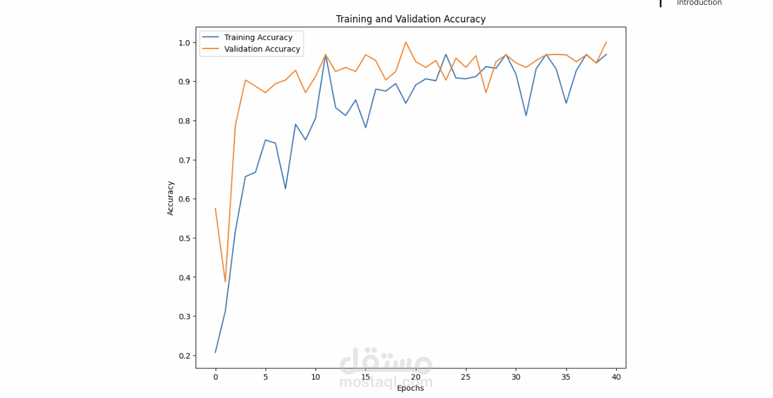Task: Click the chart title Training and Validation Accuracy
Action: pos(411,19)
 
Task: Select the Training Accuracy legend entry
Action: pos(258,38)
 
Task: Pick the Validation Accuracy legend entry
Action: pos(262,49)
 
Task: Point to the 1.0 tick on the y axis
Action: pos(184,42)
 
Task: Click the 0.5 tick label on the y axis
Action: pos(184,238)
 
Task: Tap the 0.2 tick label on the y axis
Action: pos(184,356)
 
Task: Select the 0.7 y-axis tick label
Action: pos(184,160)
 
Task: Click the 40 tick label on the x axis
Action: pos(616,377)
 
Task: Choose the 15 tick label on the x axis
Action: pos(366,377)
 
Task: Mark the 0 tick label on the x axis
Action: pos(216,377)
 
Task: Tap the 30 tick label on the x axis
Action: pos(516,377)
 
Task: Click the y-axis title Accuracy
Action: pos(171,198)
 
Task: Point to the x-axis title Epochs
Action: pos(410,388)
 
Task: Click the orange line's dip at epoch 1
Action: pos(225,282)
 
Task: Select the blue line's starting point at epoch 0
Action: pos(216,353)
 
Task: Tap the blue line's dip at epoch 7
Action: pos(285,188)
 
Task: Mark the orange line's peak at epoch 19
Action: pos(406,42)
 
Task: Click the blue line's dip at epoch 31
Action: pos(526,115)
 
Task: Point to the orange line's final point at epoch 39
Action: pos(606,42)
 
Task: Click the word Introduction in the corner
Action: pos(699,3)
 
